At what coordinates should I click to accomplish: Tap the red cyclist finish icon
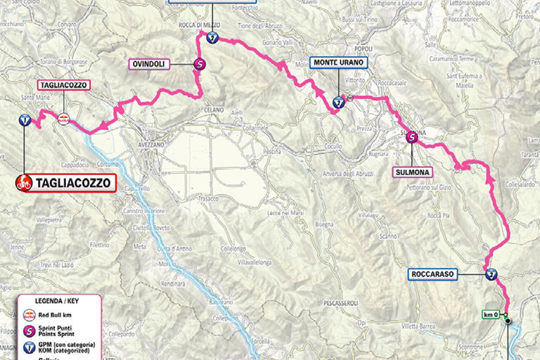click(25, 184)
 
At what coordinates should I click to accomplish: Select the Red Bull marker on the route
click(63, 120)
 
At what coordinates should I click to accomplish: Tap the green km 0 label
click(490, 314)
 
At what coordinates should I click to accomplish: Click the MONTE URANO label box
click(338, 63)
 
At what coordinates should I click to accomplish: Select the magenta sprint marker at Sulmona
click(412, 139)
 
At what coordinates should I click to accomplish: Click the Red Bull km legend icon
click(30, 314)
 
